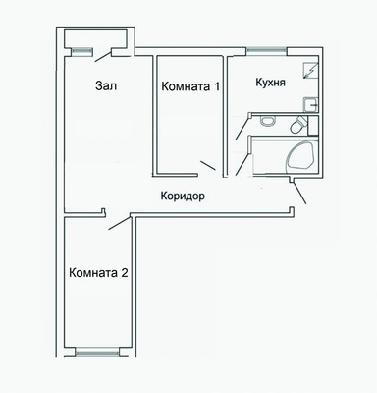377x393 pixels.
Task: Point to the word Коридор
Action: pos(182,196)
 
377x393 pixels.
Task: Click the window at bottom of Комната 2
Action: pos(97,351)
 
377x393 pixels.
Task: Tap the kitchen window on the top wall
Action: pos(265,52)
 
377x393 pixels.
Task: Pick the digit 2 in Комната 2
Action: pos(124,272)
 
